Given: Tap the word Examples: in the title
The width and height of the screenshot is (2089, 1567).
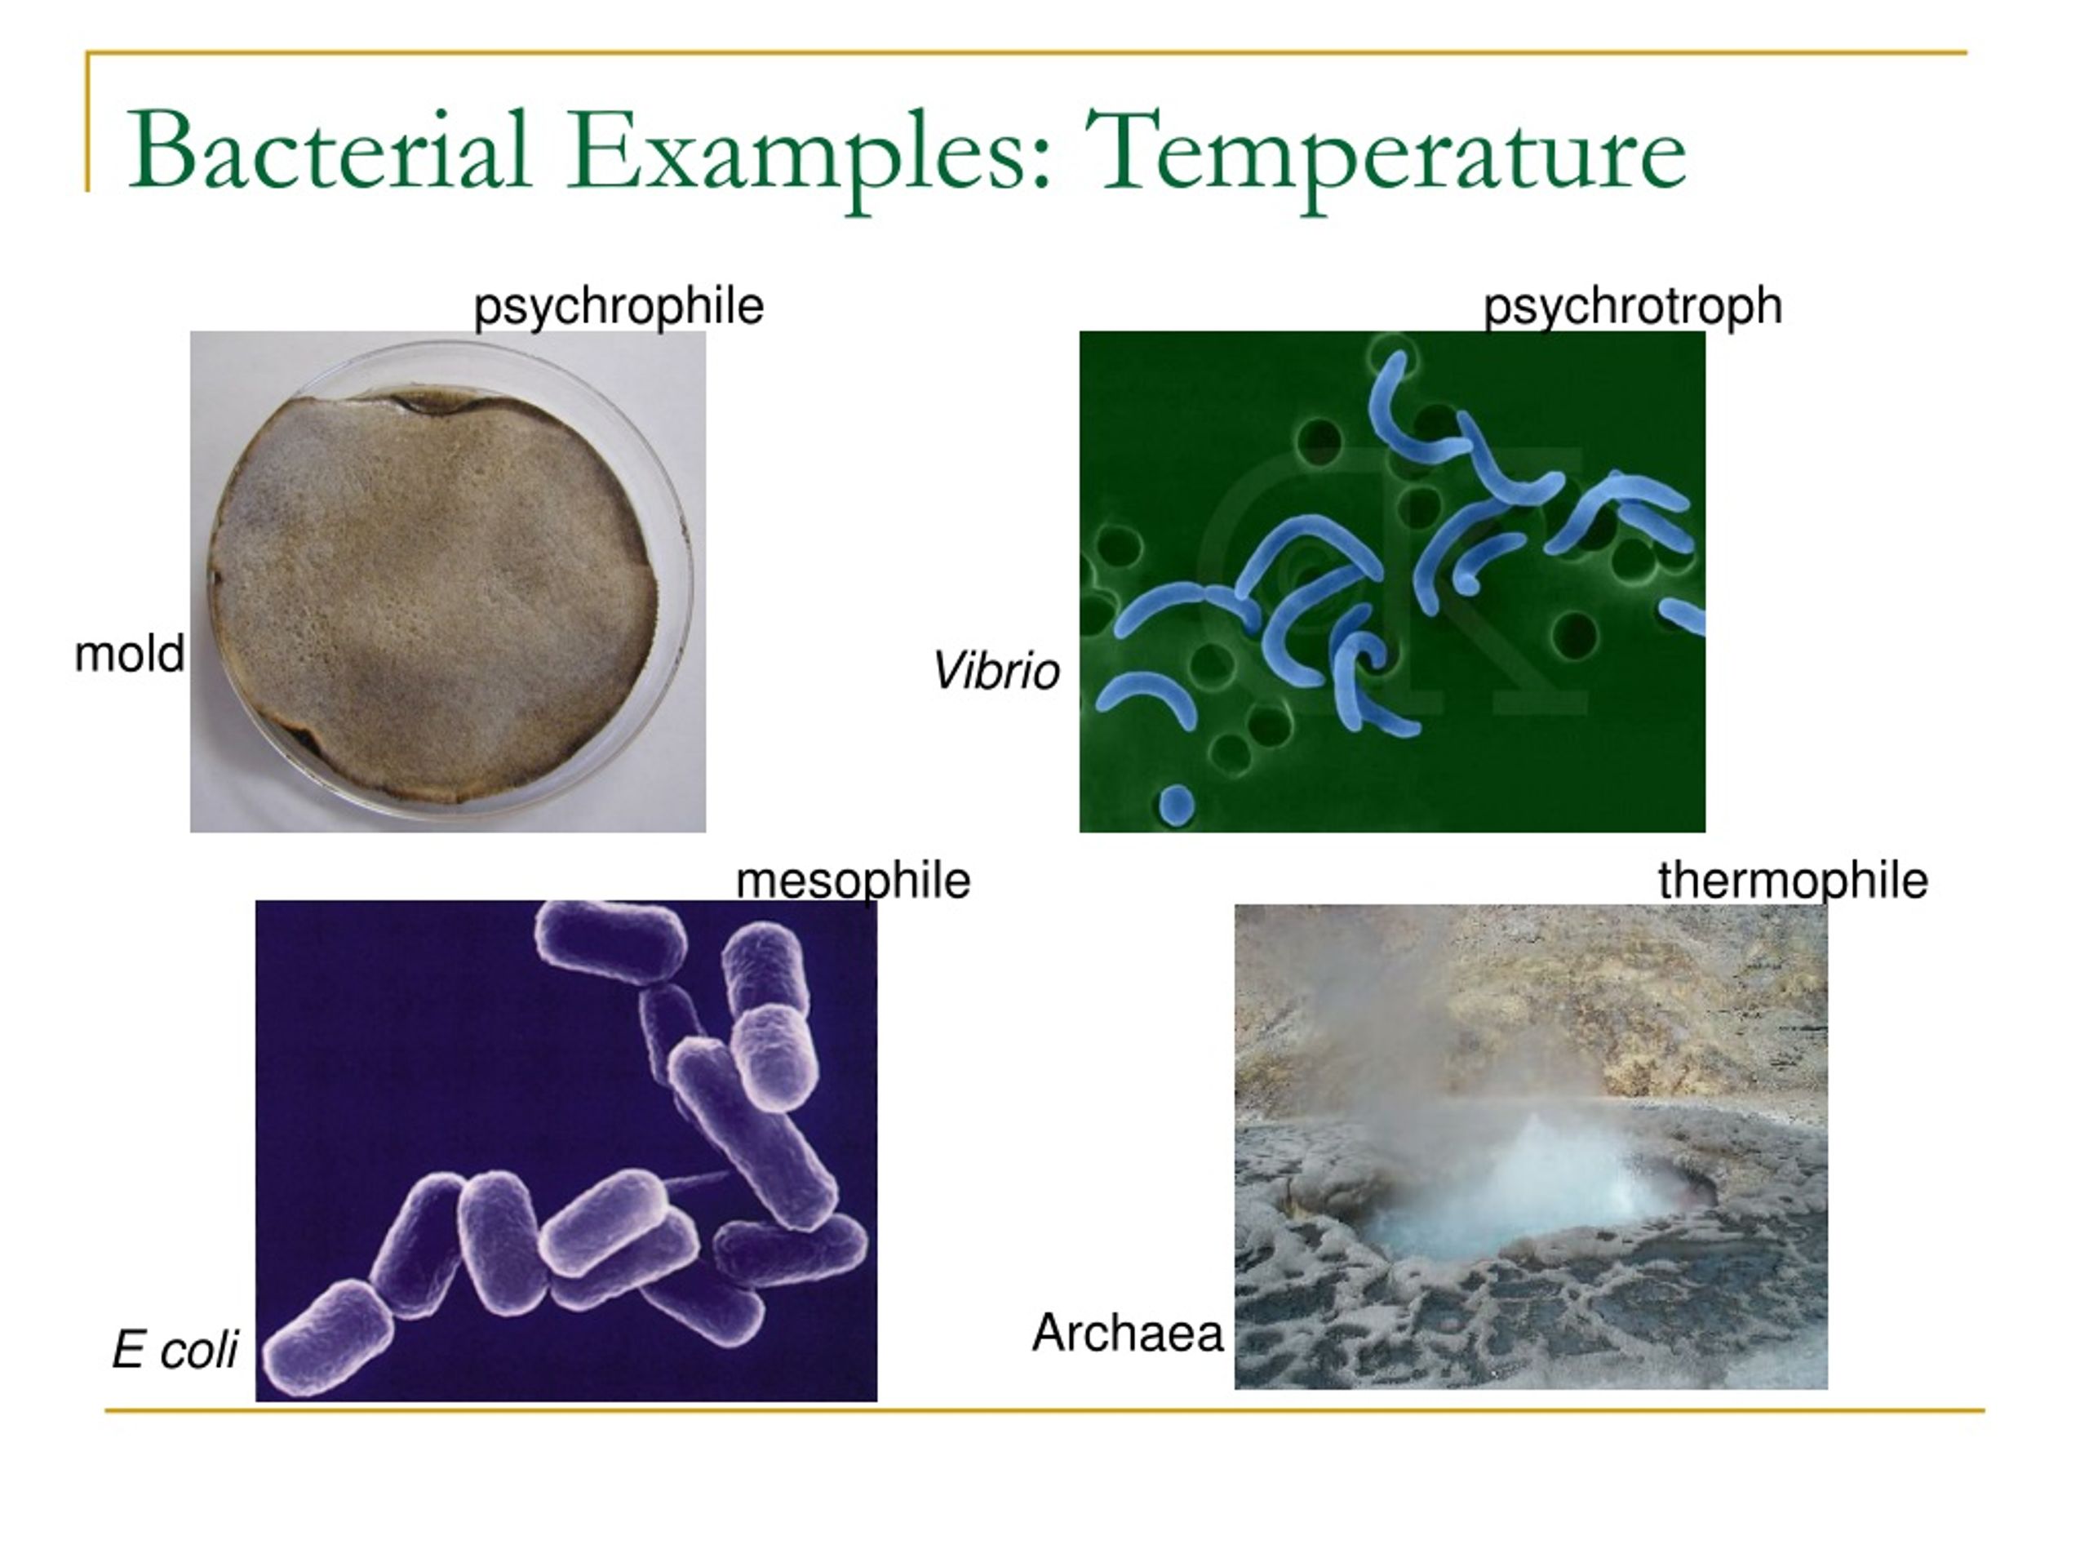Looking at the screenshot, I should pyautogui.click(x=808, y=151).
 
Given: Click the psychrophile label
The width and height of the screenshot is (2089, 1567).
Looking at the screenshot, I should pyautogui.click(x=618, y=306).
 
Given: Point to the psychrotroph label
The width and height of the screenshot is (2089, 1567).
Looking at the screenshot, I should pyautogui.click(x=1632, y=306).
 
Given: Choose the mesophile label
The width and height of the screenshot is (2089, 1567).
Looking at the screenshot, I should pyautogui.click(x=852, y=881).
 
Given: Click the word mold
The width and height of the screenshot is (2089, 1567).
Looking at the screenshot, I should pyautogui.click(x=130, y=654).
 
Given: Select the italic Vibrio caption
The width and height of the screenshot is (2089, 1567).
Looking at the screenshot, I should pyautogui.click(x=996, y=672).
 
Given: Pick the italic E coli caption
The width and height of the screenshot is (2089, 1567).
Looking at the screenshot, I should pyautogui.click(x=175, y=1349).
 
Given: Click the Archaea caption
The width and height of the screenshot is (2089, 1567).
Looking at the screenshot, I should pyautogui.click(x=1127, y=1333).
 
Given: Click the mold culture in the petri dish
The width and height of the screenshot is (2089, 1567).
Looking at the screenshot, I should pyautogui.click(x=434, y=595).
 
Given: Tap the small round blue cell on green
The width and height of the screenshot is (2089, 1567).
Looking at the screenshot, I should pyautogui.click(x=1176, y=804).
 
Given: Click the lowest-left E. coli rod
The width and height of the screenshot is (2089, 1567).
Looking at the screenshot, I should pyautogui.click(x=328, y=1338).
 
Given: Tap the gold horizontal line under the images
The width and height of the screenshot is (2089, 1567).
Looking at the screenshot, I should pyautogui.click(x=1039, y=1411).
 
